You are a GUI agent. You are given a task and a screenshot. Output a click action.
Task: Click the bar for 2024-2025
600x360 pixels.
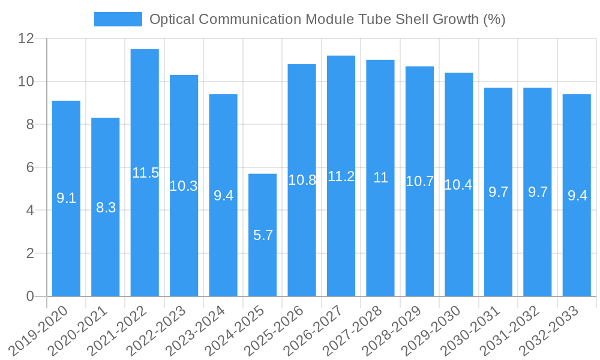(263, 264)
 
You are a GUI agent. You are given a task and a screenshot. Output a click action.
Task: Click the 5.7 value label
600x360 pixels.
(263, 235)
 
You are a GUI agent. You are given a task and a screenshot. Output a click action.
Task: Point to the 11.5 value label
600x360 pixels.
(145, 173)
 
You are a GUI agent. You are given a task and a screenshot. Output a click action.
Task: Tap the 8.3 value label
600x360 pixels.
(106, 208)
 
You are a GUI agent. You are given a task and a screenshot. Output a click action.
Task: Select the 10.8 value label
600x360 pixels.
(302, 180)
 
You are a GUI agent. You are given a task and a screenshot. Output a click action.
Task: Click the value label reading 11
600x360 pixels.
(380, 178)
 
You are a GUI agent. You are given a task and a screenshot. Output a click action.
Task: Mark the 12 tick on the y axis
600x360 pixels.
(26, 38)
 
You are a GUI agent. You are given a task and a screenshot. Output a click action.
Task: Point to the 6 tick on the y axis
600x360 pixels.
(30, 167)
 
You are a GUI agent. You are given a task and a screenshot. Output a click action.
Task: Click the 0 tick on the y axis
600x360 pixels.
(30, 296)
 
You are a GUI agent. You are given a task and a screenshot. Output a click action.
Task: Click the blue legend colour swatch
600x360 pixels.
(118, 19)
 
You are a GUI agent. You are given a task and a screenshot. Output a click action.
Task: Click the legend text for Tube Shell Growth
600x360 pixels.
(327, 19)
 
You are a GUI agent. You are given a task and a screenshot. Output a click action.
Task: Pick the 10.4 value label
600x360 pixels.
(458, 185)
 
